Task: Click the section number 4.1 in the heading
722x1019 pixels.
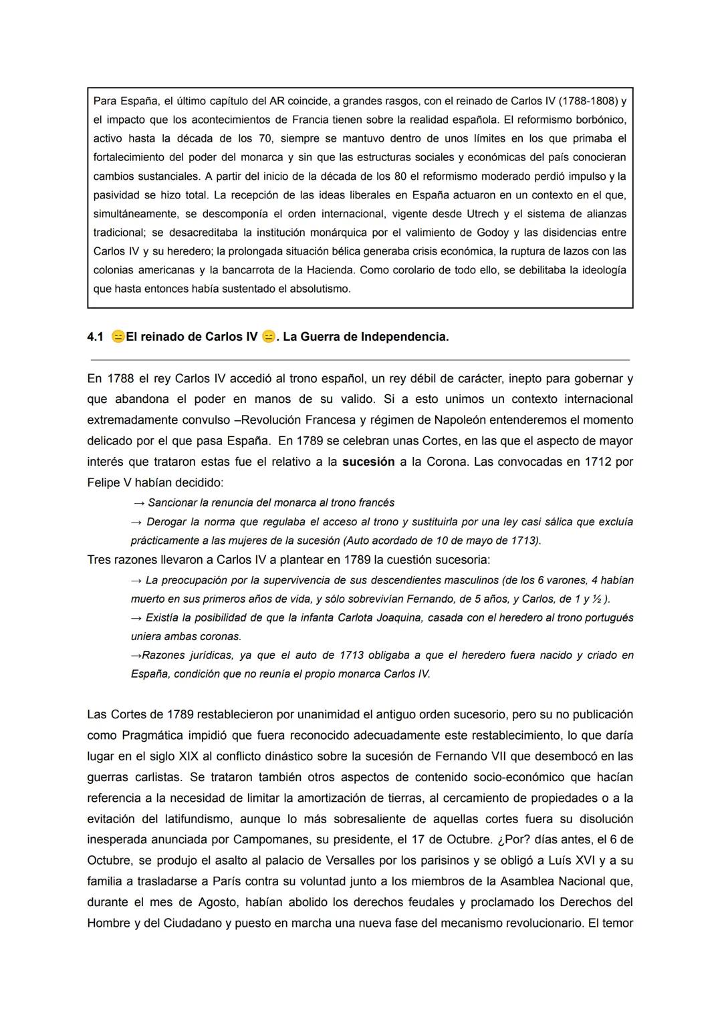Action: coord(95,337)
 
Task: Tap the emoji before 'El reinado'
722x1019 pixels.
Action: coord(118,337)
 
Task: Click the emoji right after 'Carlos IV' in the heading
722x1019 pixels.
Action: coord(268,337)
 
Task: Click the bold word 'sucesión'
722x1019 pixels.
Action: coord(368,462)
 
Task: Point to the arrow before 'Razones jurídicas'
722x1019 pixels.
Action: coord(136,656)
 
